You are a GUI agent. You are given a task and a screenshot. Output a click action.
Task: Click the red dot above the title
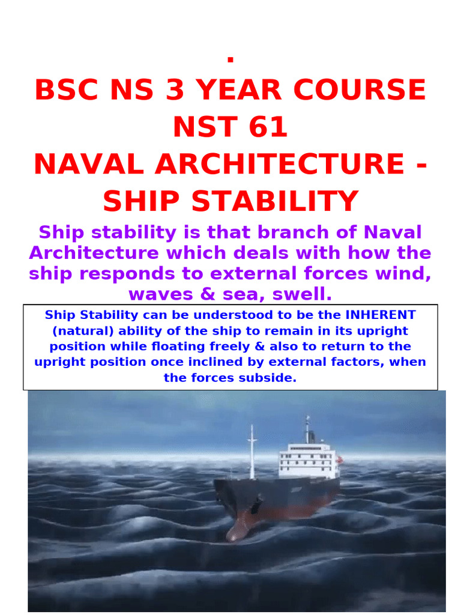(230, 59)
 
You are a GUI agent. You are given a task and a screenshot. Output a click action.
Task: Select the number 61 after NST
(268, 127)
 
